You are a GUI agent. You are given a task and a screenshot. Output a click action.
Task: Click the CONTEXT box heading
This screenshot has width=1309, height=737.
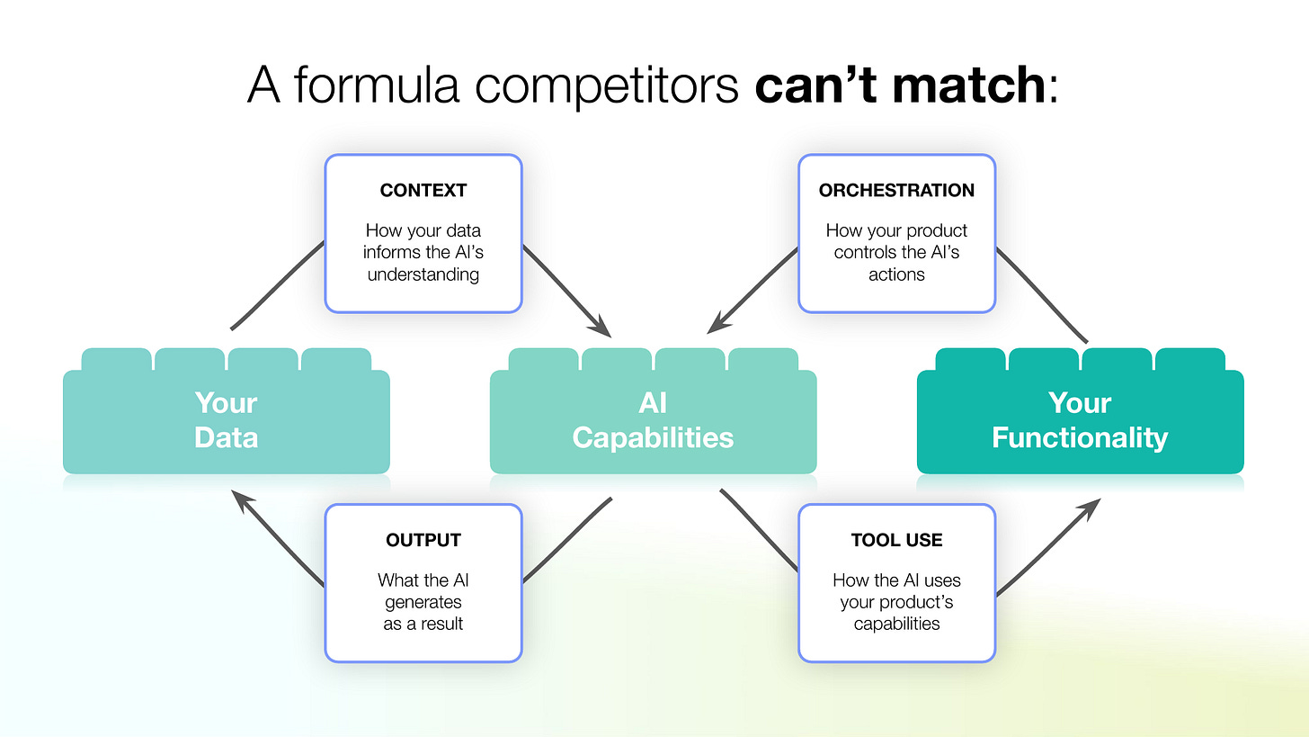423,191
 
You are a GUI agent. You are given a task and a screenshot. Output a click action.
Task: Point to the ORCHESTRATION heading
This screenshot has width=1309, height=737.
896,191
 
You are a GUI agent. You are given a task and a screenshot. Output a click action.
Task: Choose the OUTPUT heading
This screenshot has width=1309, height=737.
423,540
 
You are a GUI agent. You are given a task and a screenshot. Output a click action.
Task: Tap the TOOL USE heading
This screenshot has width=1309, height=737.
896,540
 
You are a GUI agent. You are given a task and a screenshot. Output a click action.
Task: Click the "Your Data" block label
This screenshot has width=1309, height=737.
226,420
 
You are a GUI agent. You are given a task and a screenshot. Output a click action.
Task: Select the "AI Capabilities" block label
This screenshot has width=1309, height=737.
653,420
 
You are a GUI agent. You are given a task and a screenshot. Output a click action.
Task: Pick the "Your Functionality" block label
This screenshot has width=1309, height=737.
1080,420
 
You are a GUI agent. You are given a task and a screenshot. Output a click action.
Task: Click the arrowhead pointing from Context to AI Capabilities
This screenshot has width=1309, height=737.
602,328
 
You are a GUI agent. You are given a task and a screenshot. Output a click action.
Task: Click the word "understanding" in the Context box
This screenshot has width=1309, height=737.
423,274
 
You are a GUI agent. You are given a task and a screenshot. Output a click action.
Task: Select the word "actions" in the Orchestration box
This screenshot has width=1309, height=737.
896,274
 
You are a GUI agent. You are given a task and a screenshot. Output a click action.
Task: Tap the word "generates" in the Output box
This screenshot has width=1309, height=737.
423,602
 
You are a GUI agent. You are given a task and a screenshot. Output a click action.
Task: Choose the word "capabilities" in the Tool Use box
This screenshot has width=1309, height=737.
896,624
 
